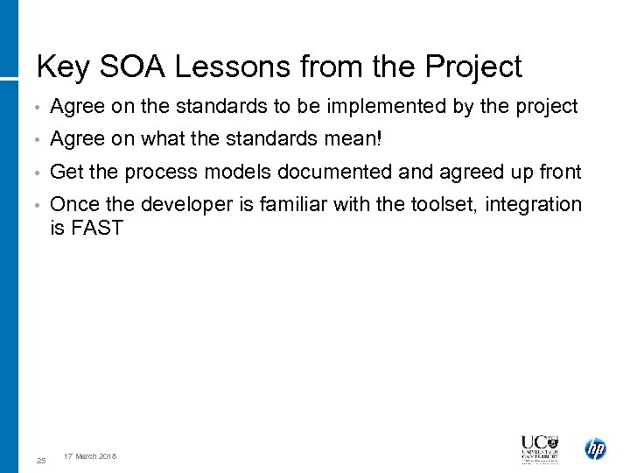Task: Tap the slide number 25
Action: [x=41, y=460]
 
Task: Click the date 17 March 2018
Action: [x=90, y=456]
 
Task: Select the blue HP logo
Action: [x=595, y=449]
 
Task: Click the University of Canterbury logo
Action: [x=539, y=449]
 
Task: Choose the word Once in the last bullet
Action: [x=75, y=204]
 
